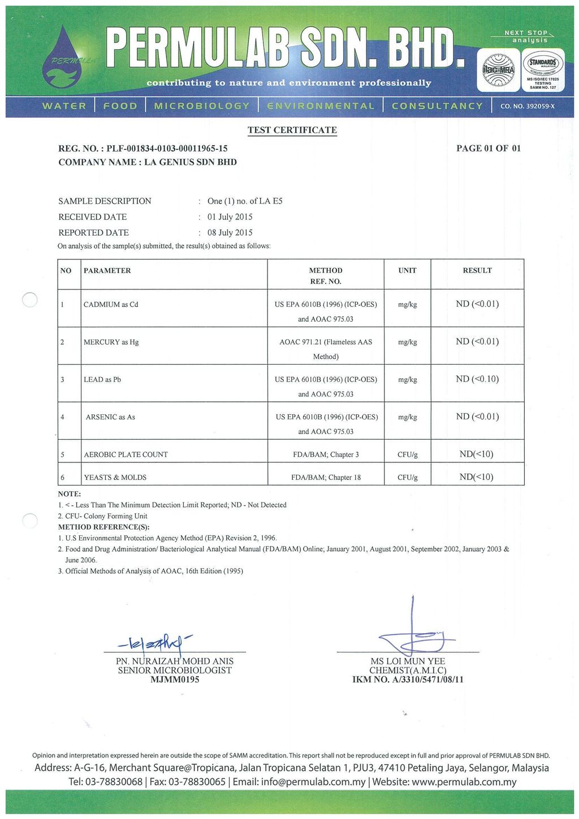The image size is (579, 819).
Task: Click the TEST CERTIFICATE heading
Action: pos(292,130)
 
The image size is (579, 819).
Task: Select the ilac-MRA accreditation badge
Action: pos(498,70)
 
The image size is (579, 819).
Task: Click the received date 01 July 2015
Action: pos(230,217)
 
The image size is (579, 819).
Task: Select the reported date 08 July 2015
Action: pos(230,233)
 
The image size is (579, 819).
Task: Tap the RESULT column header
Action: pos(477,271)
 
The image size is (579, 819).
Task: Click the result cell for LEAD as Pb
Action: pos(477,379)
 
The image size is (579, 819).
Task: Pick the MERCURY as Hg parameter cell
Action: pos(111,342)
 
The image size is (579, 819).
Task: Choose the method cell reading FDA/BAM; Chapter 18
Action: pos(326,478)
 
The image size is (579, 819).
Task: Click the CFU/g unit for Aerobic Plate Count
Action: pos(407,455)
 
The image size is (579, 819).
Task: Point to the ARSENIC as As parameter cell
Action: pos(110,417)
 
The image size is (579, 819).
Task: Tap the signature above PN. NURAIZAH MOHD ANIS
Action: pos(154,643)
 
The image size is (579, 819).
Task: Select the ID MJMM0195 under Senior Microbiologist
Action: pos(175,679)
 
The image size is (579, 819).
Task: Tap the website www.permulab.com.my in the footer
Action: pos(464,782)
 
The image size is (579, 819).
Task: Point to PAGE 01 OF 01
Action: pos(489,149)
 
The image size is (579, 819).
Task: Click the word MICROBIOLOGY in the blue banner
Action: pos(201,106)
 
